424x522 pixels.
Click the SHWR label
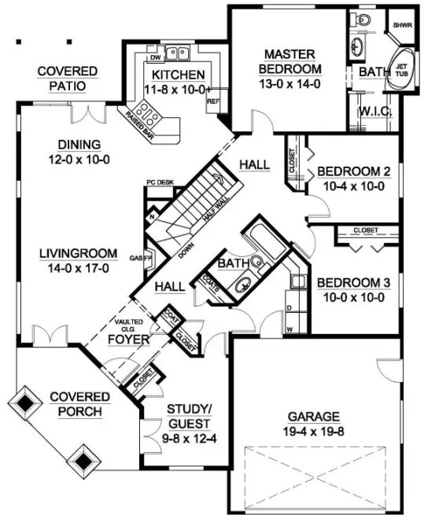(403, 24)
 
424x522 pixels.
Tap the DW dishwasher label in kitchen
(156, 58)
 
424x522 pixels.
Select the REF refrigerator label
(212, 101)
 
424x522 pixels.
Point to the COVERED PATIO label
(68, 78)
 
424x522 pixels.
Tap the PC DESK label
(160, 182)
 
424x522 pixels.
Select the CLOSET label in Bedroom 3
(365, 230)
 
